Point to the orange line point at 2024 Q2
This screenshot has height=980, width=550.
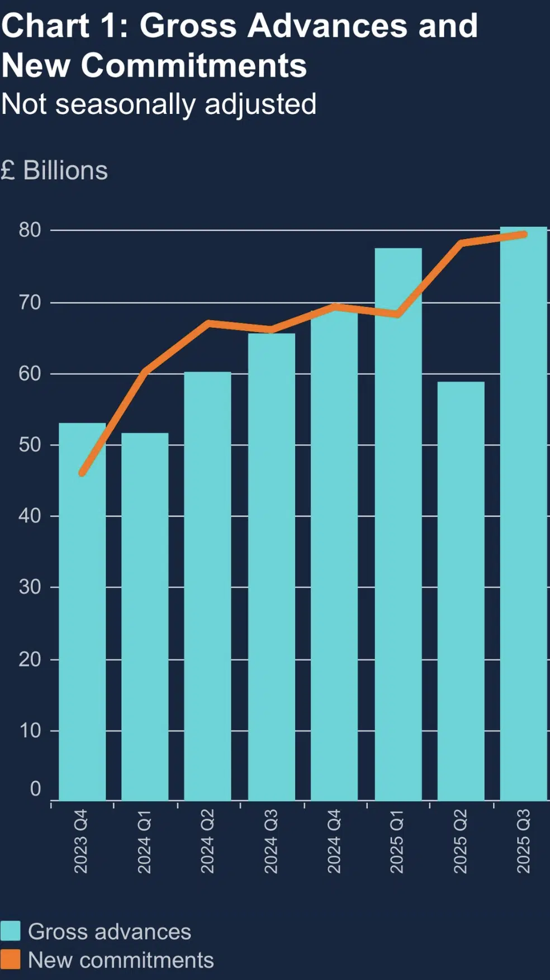pos(208,323)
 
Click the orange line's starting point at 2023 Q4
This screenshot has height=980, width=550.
pos(82,473)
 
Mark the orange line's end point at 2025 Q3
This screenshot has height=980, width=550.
pos(524,234)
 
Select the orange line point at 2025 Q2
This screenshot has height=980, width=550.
pos(461,243)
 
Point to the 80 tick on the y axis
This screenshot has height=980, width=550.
pos(30,230)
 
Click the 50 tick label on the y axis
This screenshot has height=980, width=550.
pos(30,445)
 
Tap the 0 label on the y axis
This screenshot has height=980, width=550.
pos(35,789)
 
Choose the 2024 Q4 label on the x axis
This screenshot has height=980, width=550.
pos(334,841)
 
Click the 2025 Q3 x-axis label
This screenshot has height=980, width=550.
pos(523,841)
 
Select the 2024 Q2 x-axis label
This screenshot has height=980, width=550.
pos(207,841)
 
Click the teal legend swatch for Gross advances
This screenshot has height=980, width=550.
pos(11,931)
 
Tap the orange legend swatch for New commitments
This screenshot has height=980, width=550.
pos(11,959)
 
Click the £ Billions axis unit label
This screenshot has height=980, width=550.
pos(54,170)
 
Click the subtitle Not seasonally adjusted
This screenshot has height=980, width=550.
pos(159,104)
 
